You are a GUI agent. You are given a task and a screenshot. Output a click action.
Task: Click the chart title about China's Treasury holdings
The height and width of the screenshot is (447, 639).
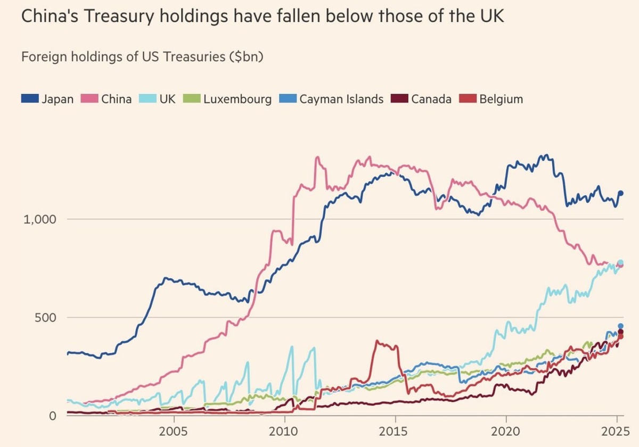263,17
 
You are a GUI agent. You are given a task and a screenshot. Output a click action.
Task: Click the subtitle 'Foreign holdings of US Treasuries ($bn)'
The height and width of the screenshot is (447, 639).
143,56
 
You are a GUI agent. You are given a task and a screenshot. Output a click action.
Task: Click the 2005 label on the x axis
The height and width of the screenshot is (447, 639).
174,430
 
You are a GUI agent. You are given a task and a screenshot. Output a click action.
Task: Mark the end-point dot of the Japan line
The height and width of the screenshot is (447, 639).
620,193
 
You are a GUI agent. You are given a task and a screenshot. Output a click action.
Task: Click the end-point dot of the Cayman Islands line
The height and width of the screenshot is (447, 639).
620,326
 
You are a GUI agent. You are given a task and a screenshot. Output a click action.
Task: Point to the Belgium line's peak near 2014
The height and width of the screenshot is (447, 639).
378,341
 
